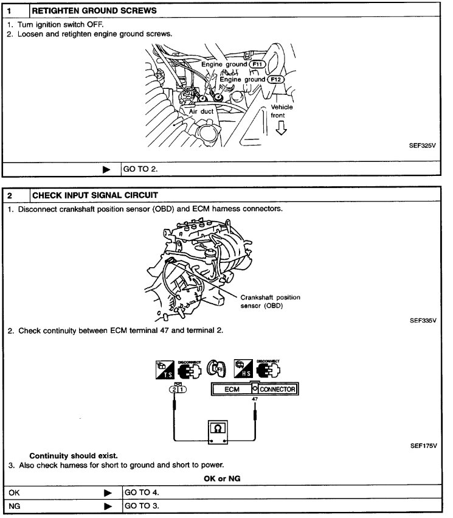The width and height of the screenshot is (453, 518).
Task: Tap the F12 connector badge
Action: click(276, 79)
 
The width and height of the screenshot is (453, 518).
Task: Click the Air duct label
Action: click(201, 111)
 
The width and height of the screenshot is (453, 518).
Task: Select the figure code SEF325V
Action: click(423, 146)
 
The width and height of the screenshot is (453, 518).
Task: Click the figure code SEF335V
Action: click(423, 320)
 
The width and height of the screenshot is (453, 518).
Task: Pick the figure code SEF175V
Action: click(423, 446)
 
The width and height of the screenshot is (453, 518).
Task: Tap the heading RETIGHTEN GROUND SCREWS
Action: click(94, 10)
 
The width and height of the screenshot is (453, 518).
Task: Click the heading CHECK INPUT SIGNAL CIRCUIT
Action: click(95, 195)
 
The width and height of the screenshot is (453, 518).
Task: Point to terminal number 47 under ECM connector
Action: click(255, 400)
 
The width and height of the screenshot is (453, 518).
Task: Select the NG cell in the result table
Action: click(61, 506)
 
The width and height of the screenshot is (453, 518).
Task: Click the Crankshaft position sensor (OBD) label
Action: click(270, 301)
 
